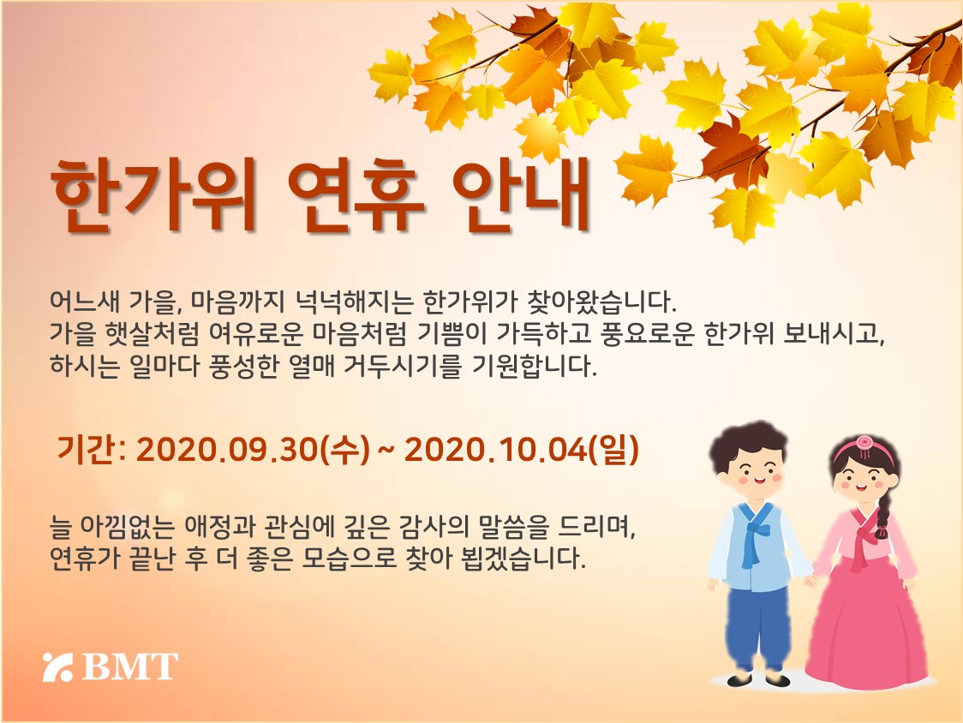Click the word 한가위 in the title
coord(153,195)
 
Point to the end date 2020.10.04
coord(495,451)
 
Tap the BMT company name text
coord(129,667)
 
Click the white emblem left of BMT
coord(58,667)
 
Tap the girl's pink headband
coord(864,447)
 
